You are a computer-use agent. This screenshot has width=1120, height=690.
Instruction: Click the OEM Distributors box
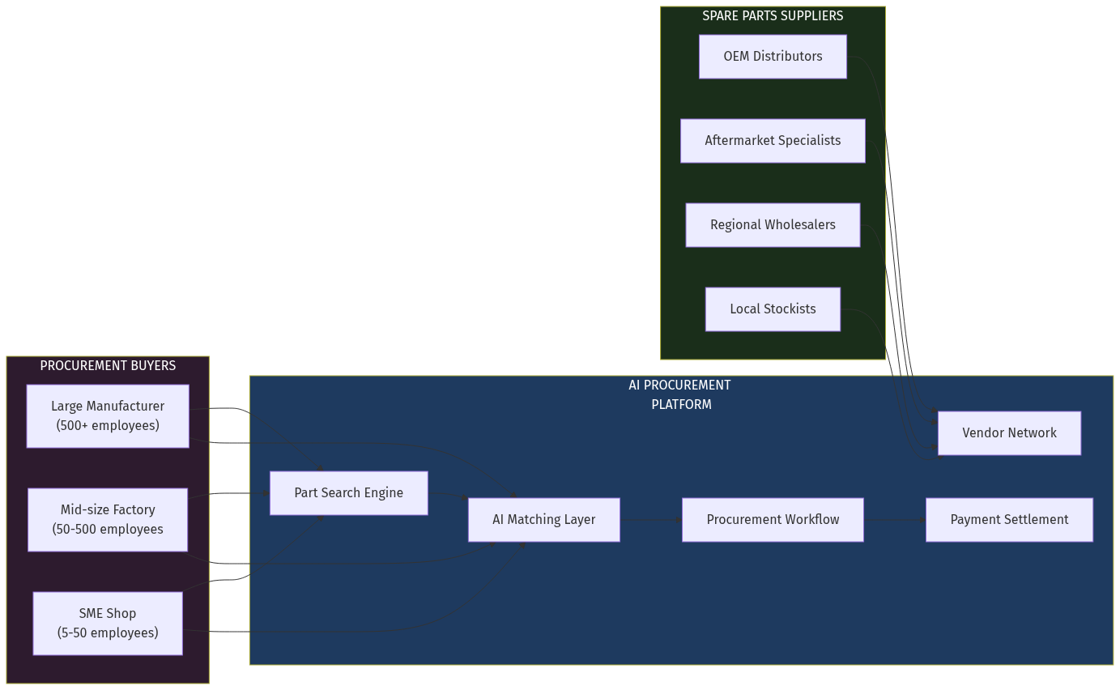(773, 57)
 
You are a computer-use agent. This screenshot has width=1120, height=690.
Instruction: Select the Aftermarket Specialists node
(773, 141)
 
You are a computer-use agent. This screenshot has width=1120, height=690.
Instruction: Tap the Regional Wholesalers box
(773, 225)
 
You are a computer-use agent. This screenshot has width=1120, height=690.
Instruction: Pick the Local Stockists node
(773, 309)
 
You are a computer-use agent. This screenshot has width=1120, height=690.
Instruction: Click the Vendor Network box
(1009, 433)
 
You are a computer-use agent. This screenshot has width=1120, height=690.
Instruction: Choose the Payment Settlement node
(1009, 520)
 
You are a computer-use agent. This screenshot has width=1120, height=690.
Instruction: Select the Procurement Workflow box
(773, 520)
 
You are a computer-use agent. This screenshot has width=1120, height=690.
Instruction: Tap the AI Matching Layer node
(543, 520)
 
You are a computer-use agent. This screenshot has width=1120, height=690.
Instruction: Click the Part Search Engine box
(348, 493)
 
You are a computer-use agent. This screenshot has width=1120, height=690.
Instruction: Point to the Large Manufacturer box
(108, 415)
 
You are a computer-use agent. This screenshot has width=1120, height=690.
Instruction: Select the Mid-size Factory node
(108, 519)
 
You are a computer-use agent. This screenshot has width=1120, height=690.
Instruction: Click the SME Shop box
(108, 623)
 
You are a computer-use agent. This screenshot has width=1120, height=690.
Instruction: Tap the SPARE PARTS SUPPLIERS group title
(773, 16)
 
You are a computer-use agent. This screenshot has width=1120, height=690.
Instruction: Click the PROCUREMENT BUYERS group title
(108, 366)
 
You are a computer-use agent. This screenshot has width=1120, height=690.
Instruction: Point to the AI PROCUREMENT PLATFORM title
(680, 395)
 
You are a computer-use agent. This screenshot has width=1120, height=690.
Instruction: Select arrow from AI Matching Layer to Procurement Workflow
(650, 520)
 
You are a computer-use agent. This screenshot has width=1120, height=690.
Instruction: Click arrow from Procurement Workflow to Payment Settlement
(894, 520)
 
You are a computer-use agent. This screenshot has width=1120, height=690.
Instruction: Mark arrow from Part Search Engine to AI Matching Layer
(448, 495)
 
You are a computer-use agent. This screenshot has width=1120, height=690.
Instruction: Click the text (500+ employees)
(108, 426)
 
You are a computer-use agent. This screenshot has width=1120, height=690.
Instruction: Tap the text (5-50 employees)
(108, 633)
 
